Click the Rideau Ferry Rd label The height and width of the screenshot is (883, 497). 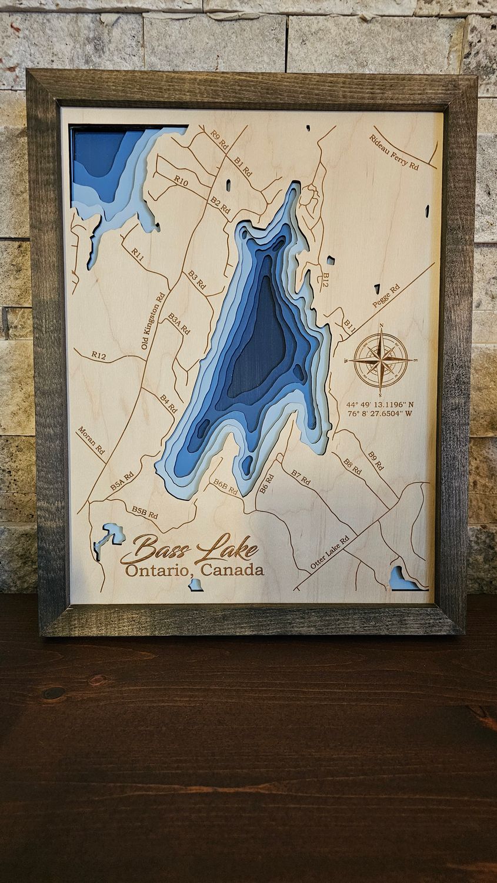click(x=394, y=152)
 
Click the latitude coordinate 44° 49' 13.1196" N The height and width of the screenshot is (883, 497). click(x=380, y=404)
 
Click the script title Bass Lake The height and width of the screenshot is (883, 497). click(x=189, y=550)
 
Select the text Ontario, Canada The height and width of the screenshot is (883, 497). click(x=194, y=570)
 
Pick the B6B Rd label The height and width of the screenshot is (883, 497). click(x=225, y=486)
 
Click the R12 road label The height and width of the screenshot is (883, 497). click(x=98, y=355)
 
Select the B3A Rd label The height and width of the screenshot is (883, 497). click(x=179, y=324)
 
